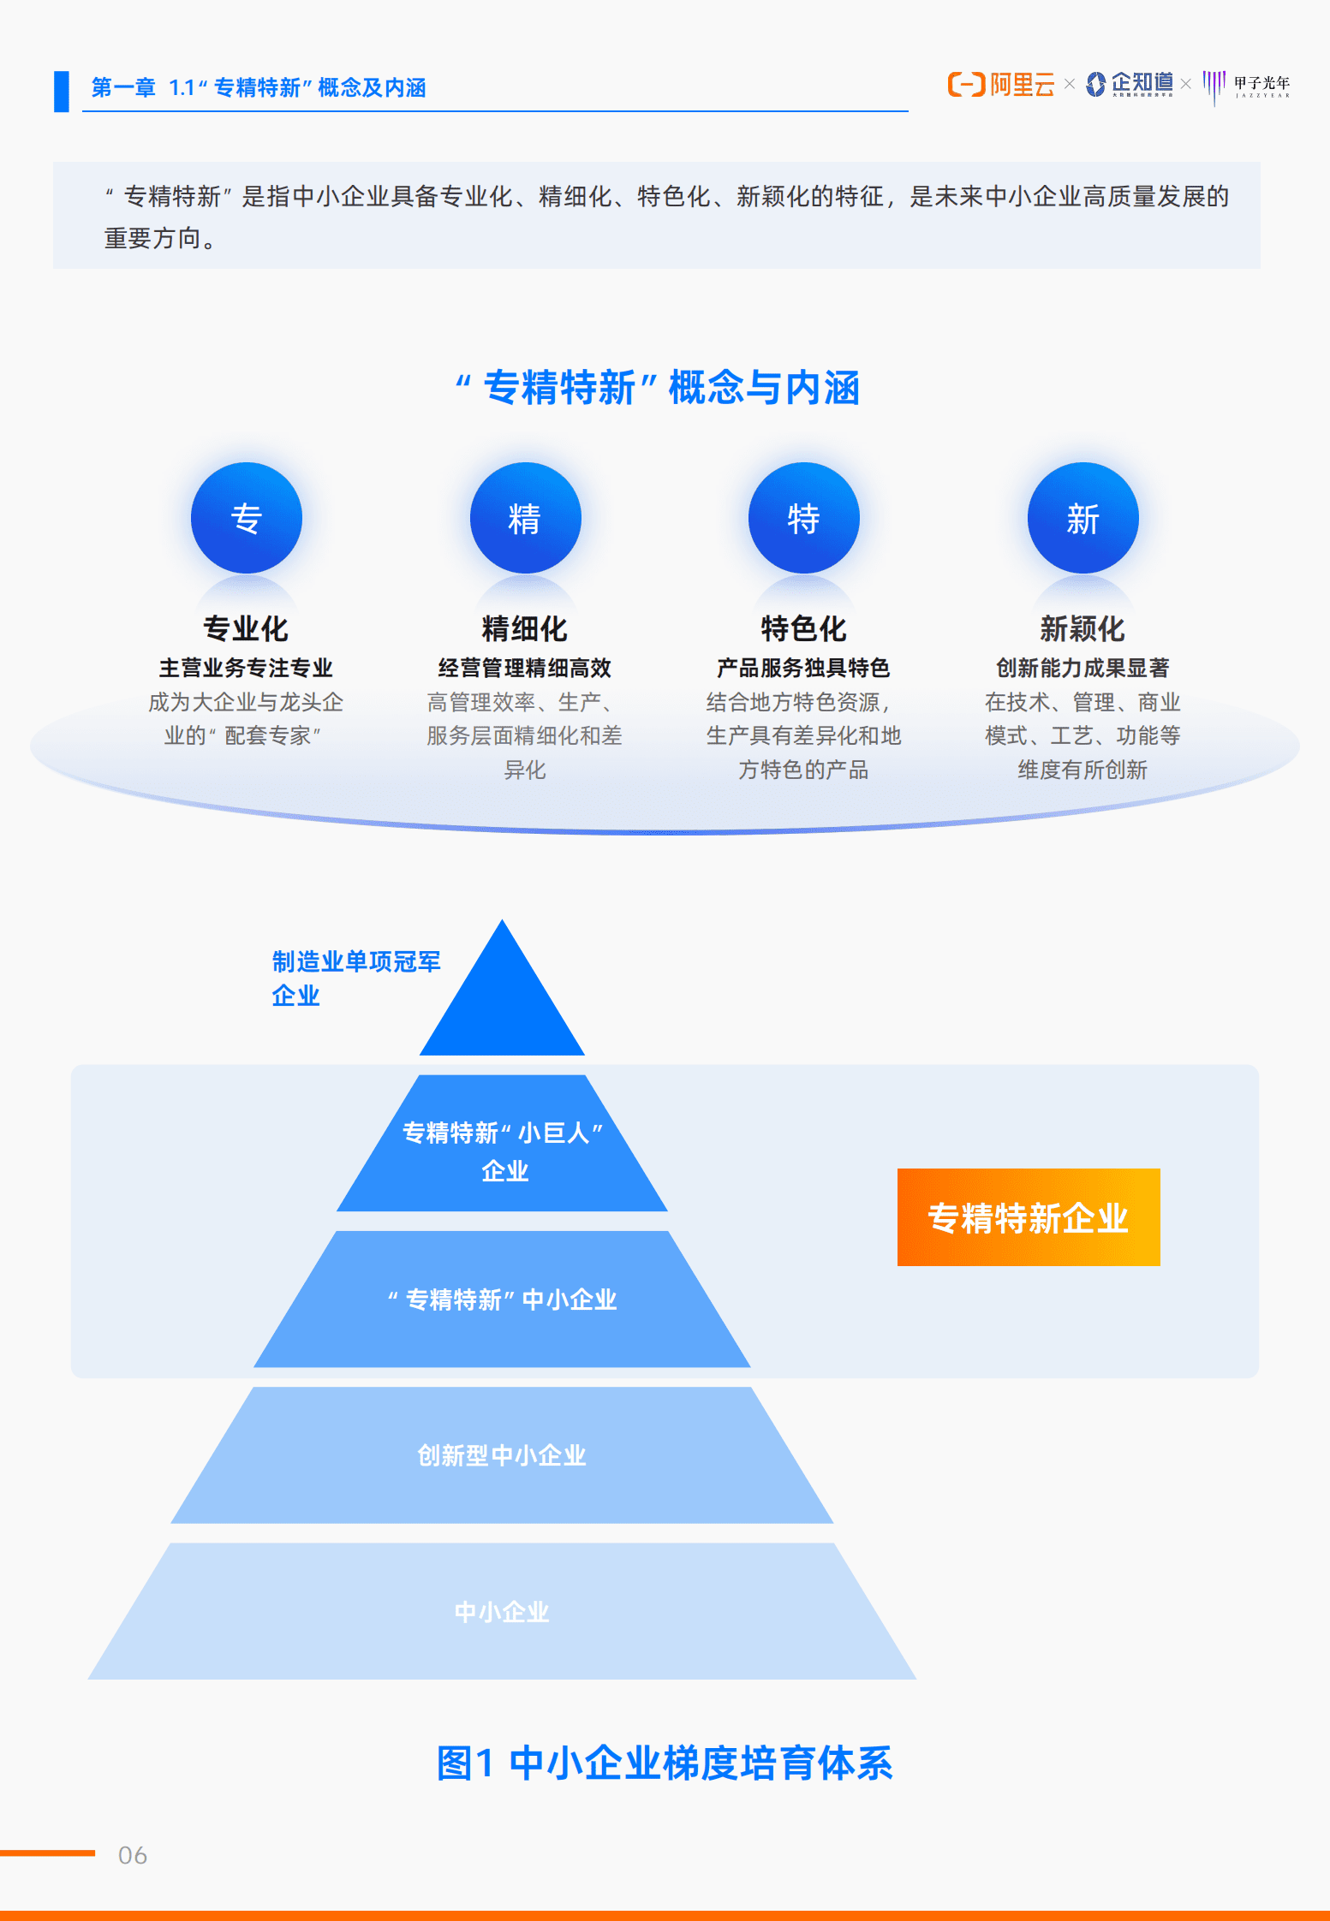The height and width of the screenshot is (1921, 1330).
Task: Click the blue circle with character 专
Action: [246, 518]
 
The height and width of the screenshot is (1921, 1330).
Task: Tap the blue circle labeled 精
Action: [525, 518]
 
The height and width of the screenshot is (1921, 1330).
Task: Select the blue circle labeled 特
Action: [803, 518]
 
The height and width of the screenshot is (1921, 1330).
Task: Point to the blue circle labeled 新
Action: [1082, 518]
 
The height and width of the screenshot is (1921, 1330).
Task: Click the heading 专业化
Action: [246, 628]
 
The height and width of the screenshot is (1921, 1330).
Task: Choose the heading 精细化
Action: [525, 628]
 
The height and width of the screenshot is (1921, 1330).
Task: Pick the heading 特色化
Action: [803, 628]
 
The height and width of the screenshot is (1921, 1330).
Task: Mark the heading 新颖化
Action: [1082, 628]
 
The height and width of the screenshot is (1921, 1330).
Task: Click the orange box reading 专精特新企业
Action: [1028, 1216]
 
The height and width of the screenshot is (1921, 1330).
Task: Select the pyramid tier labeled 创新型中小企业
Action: [502, 1455]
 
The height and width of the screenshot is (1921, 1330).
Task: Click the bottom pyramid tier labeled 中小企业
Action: [502, 1612]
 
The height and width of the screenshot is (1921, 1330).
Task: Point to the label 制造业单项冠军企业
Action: [355, 978]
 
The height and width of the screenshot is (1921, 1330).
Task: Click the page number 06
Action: [133, 1855]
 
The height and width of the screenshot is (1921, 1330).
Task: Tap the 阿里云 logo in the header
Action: [1001, 85]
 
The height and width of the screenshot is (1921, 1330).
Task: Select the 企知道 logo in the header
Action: [1130, 84]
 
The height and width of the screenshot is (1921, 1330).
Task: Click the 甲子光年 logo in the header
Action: [1247, 86]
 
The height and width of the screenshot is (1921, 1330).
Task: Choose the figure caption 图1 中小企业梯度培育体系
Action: [665, 1763]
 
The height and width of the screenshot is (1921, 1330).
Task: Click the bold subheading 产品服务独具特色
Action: [803, 668]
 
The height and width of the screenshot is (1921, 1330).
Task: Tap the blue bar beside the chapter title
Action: [62, 91]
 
